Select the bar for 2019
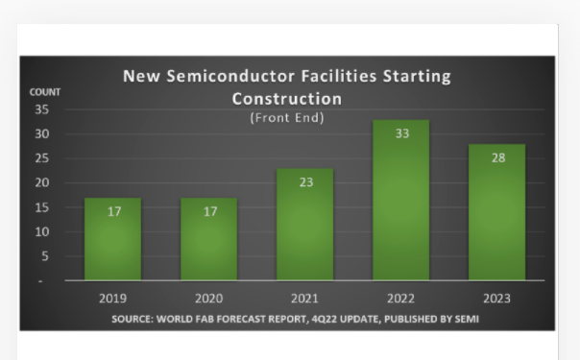tap(113, 240)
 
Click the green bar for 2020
tap(209, 240)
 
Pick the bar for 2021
tap(305, 226)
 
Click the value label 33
tap(401, 133)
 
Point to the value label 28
tap(497, 157)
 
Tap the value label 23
tap(305, 181)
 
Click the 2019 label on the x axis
tap(113, 298)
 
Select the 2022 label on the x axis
tap(401, 298)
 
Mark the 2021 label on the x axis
tap(305, 298)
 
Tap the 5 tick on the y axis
tap(44, 256)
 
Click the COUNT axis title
tap(44, 92)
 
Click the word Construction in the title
tap(286, 98)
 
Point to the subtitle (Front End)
tap(287, 118)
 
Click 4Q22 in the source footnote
tap(318, 319)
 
